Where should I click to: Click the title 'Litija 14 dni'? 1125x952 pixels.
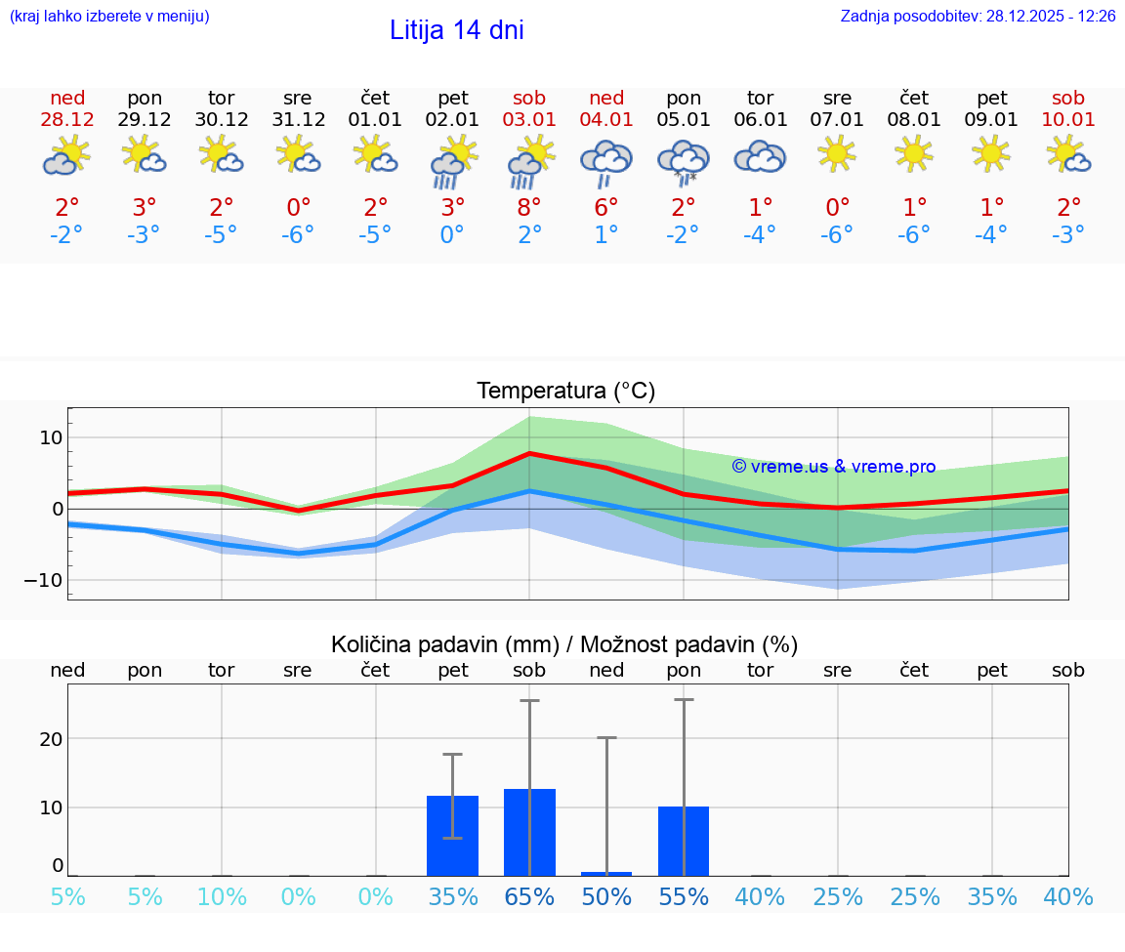[456, 30]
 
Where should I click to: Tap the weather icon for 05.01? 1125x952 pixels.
[684, 161]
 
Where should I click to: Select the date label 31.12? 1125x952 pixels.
[299, 120]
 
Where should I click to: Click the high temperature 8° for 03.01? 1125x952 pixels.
[529, 207]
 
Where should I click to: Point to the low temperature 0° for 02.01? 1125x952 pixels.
[452, 234]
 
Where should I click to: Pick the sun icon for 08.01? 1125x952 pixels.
[914, 153]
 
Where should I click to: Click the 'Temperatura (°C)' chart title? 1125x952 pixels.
[565, 392]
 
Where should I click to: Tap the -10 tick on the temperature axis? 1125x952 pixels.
[44, 580]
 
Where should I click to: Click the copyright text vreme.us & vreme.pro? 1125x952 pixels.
[833, 467]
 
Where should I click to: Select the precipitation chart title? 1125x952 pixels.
[564, 644]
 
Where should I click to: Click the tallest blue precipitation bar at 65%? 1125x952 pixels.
[529, 832]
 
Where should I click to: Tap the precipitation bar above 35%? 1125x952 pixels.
[452, 836]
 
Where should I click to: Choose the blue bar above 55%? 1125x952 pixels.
[684, 841]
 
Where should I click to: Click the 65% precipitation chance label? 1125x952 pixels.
[529, 896]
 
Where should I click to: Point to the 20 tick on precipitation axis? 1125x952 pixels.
[51, 739]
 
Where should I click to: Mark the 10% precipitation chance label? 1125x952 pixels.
[222, 896]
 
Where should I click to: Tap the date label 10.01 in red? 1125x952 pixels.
[1069, 120]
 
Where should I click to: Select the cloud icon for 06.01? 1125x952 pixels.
[760, 156]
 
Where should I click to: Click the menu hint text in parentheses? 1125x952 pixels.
[109, 17]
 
